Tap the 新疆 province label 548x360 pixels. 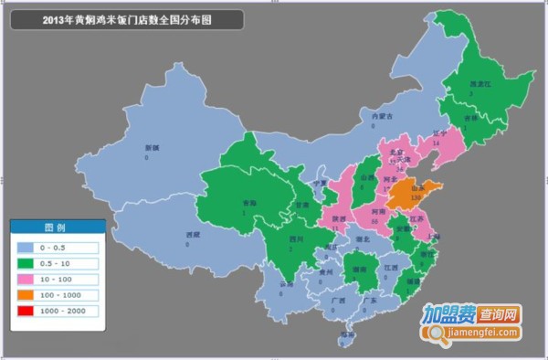pyautogui.click(x=151, y=147)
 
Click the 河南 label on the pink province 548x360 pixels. pyautogui.click(x=376, y=211)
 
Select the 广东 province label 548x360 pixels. pyautogui.click(x=370, y=301)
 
